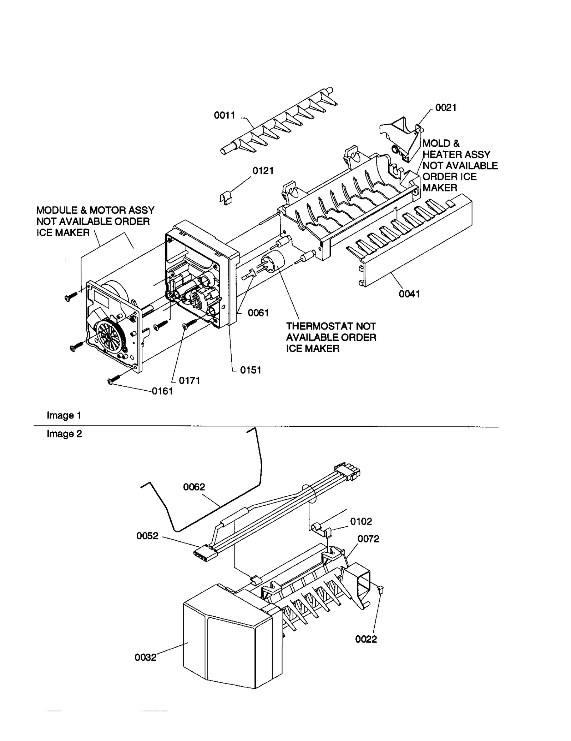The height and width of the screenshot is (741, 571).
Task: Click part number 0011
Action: click(224, 115)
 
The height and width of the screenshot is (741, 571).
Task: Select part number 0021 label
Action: click(446, 108)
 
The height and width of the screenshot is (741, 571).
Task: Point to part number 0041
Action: click(409, 294)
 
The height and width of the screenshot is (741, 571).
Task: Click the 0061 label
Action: click(258, 313)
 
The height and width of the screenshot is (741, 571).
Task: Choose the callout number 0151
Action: click(251, 370)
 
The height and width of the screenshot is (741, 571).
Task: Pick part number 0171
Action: click(189, 381)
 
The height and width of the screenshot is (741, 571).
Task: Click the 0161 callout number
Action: click(162, 391)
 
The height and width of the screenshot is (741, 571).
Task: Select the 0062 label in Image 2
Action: click(194, 487)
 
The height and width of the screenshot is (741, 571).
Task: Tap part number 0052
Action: click(147, 536)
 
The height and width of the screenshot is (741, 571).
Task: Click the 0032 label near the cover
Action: click(145, 657)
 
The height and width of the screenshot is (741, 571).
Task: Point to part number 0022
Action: click(366, 639)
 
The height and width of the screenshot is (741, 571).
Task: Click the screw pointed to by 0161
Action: click(114, 381)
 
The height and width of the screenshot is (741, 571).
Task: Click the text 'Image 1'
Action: click(64, 416)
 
